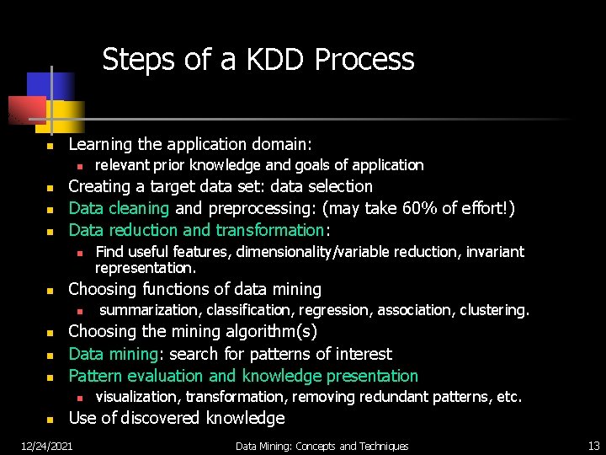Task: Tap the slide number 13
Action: coord(593,446)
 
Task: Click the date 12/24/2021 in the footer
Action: coord(46,446)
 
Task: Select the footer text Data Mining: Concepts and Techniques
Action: coord(322,446)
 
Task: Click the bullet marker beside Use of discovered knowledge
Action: coord(50,420)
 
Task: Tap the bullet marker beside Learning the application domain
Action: coord(50,146)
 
